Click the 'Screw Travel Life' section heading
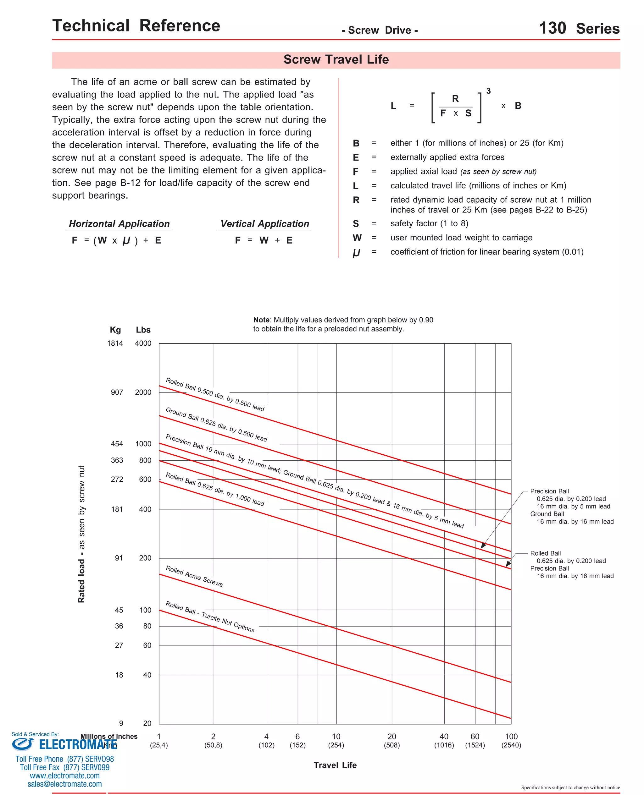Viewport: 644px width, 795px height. coord(336,59)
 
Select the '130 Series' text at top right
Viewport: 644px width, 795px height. coord(579,28)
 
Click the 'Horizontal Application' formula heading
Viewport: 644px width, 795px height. coord(119,224)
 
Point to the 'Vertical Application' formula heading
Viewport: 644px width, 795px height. coord(264,224)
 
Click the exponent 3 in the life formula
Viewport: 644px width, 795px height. coord(488,91)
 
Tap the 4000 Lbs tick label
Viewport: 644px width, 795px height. coord(143,343)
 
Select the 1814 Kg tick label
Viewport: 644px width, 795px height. coord(115,343)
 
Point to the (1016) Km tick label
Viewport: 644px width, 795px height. coord(444,745)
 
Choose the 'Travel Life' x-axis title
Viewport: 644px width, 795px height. coord(335,765)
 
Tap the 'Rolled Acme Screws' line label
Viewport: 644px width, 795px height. coord(194,576)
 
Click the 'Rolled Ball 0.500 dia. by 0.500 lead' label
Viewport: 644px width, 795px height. coord(215,394)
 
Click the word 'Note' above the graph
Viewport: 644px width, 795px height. coord(261,320)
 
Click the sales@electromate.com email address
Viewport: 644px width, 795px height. coord(64,784)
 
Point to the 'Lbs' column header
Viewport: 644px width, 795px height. coord(143,330)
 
